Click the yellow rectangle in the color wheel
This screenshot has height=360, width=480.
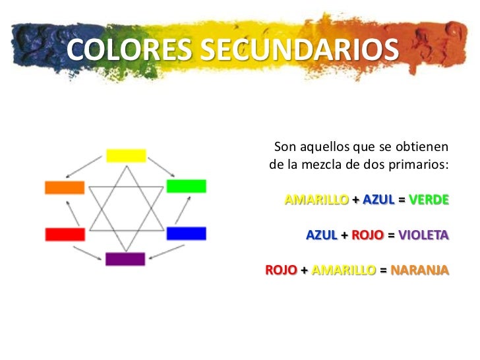tap(126, 156)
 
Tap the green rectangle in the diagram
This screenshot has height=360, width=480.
tap(186, 186)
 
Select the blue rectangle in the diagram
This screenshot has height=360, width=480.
tap(186, 233)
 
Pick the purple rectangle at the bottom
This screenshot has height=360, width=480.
tap(125, 259)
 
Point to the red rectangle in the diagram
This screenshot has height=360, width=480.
tap(65, 234)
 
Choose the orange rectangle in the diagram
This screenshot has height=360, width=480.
tap(65, 187)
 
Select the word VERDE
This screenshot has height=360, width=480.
tap(429, 199)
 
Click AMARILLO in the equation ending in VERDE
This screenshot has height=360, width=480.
tap(316, 199)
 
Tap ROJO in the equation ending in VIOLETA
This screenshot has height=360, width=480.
tap(367, 235)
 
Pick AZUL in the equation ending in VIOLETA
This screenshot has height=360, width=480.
tap(322, 235)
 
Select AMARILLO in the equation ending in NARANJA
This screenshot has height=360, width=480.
tap(344, 270)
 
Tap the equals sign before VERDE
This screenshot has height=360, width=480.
tap(402, 199)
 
